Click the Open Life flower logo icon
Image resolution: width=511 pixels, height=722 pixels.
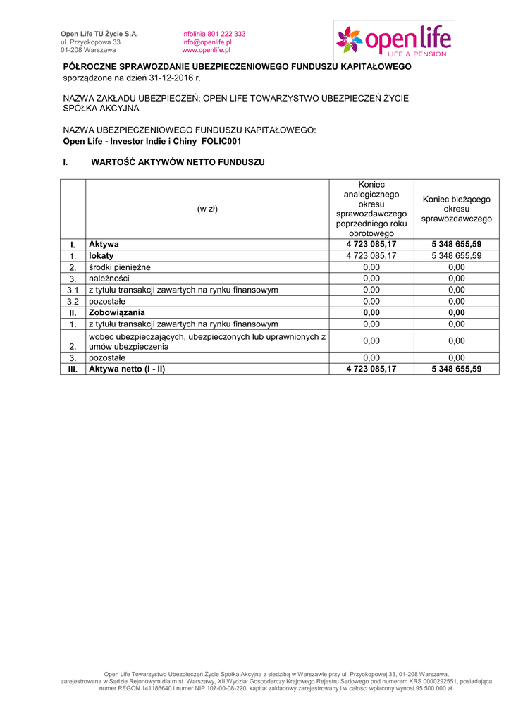[x=349, y=39]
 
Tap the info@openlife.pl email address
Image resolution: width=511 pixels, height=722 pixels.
[x=207, y=42]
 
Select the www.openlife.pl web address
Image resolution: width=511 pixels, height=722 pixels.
[x=206, y=51]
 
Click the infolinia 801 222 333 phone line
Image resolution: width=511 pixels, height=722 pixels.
[x=214, y=34]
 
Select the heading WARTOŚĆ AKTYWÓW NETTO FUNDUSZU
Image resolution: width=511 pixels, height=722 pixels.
[x=178, y=162]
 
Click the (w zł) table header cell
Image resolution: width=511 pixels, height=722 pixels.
[x=207, y=209]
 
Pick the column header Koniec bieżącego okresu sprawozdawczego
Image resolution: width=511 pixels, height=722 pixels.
[x=456, y=209]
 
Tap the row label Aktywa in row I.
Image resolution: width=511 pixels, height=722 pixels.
[x=104, y=244]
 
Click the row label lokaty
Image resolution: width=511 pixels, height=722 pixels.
[x=101, y=255]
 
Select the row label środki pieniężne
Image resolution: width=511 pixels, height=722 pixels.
[x=119, y=267]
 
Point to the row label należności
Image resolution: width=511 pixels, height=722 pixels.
[x=109, y=279]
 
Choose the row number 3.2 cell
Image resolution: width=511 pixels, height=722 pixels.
[x=72, y=301]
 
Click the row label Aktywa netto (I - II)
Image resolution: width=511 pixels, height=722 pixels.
[x=127, y=369]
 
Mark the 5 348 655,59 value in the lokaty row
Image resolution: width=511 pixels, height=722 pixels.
[x=456, y=255]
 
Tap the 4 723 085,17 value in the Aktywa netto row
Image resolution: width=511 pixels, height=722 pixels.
[x=371, y=369]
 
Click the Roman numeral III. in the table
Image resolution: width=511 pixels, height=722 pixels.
[x=72, y=369]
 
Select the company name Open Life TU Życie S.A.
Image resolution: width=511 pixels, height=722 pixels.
[x=99, y=34]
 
